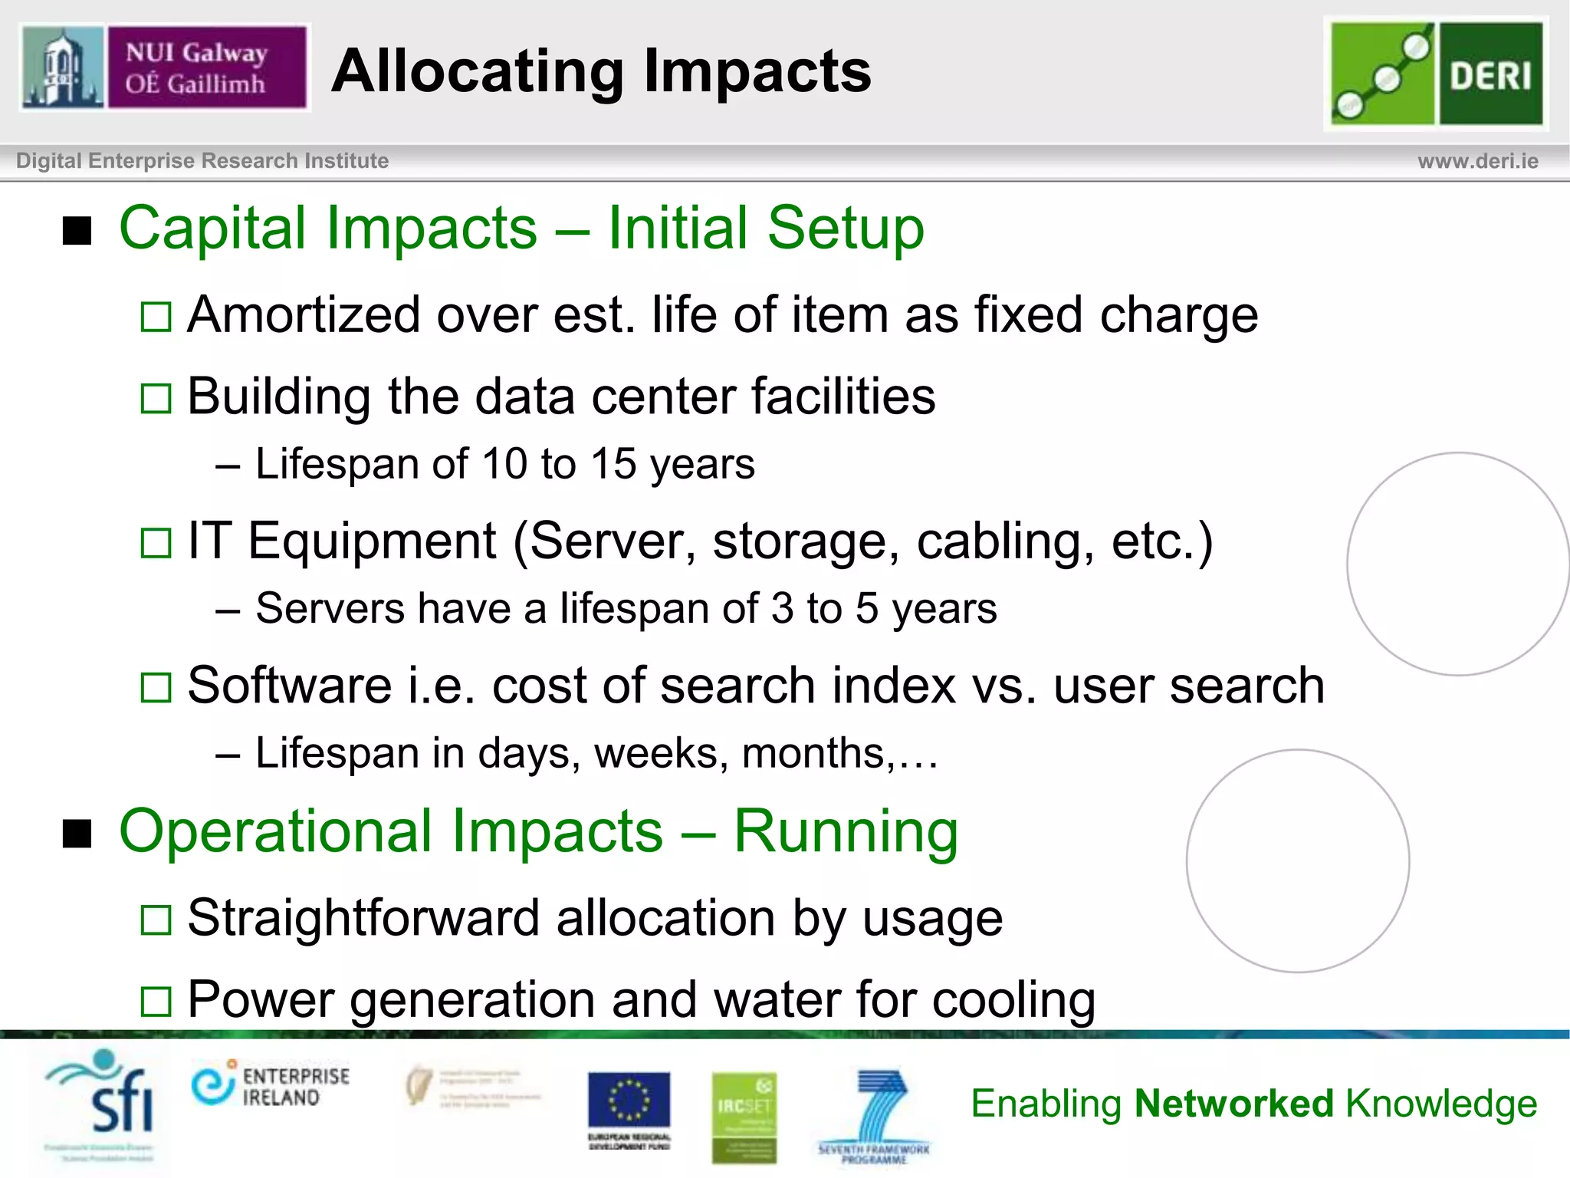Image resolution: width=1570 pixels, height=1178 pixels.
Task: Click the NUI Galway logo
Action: (164, 67)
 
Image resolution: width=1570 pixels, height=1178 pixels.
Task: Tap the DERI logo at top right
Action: (1436, 74)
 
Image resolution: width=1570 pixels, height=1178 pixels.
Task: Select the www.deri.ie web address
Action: (1477, 161)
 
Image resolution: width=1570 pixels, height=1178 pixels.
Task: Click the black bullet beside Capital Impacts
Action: (77, 230)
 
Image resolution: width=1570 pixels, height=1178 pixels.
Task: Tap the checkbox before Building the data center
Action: (156, 398)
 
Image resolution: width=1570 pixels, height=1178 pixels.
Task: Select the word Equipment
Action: (372, 541)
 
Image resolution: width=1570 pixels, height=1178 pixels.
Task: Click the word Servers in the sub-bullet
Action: (330, 609)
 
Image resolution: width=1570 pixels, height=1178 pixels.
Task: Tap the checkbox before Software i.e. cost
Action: (156, 687)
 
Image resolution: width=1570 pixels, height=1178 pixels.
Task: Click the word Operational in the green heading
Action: (391, 831)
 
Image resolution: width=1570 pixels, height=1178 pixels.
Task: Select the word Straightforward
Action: (363, 918)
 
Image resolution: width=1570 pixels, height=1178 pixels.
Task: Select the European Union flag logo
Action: (629, 1101)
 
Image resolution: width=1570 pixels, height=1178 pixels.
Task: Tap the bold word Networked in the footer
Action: (1234, 1104)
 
